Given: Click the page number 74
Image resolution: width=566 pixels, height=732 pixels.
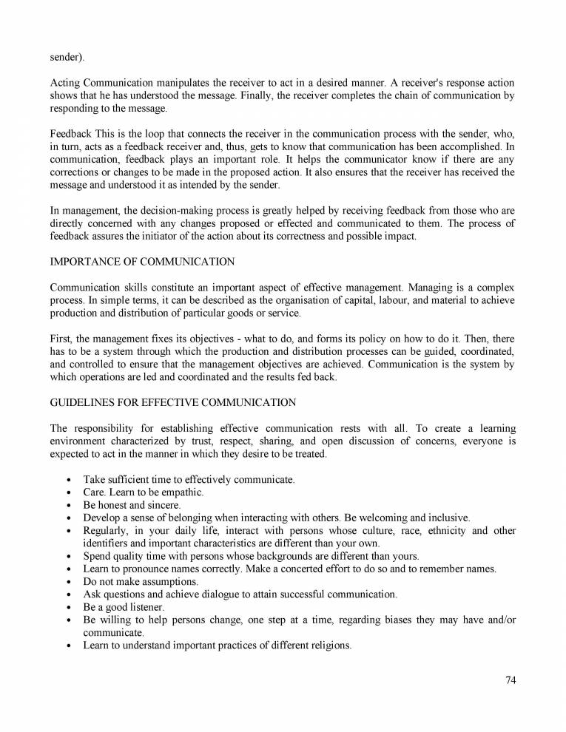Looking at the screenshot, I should click(510, 681).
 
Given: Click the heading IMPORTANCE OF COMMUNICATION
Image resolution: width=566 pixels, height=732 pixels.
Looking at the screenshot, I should click(142, 261).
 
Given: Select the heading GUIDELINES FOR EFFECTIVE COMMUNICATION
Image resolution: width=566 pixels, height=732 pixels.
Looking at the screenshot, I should click(172, 402).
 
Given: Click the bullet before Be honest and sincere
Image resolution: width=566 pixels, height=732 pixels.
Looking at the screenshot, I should click(69, 505).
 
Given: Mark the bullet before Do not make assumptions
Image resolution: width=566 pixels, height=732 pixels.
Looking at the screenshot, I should click(69, 582).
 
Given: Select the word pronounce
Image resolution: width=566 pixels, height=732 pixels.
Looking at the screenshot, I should click(144, 569).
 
